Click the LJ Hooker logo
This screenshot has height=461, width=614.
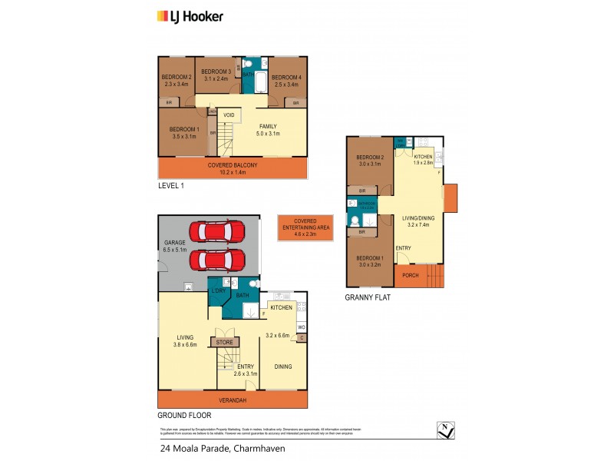click(190, 15)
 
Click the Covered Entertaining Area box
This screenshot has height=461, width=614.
click(305, 229)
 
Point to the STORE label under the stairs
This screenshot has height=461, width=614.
click(224, 342)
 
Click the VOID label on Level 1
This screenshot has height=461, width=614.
click(229, 115)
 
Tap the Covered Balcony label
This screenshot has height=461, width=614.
click(232, 166)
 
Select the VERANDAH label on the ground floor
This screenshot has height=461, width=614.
click(232, 399)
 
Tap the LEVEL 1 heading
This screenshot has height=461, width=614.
click(172, 186)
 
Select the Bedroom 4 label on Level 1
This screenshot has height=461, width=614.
click(285, 77)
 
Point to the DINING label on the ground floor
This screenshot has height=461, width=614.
click(282, 366)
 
